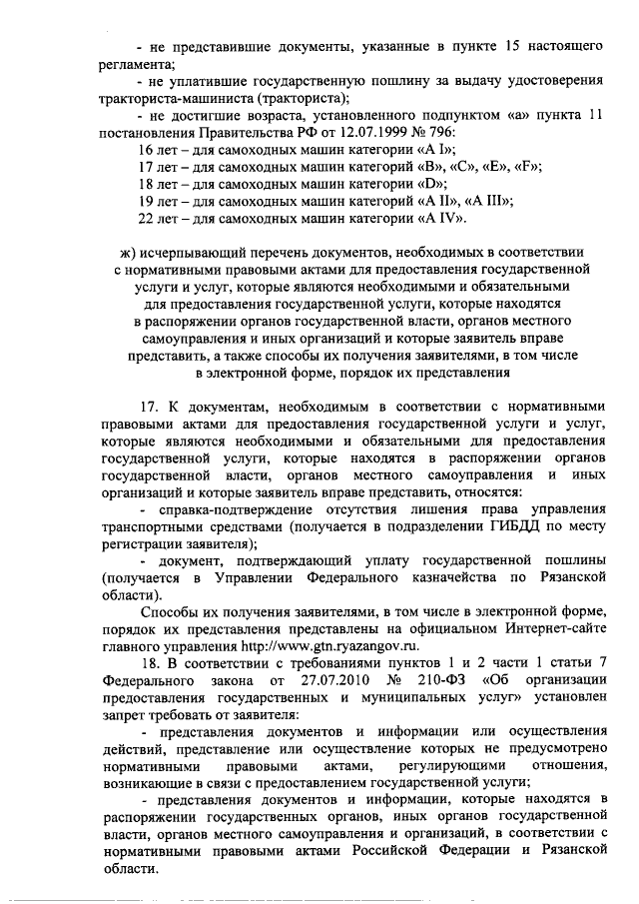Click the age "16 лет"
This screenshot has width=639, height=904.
coord(158,148)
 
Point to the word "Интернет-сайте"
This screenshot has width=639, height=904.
coord(554,628)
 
